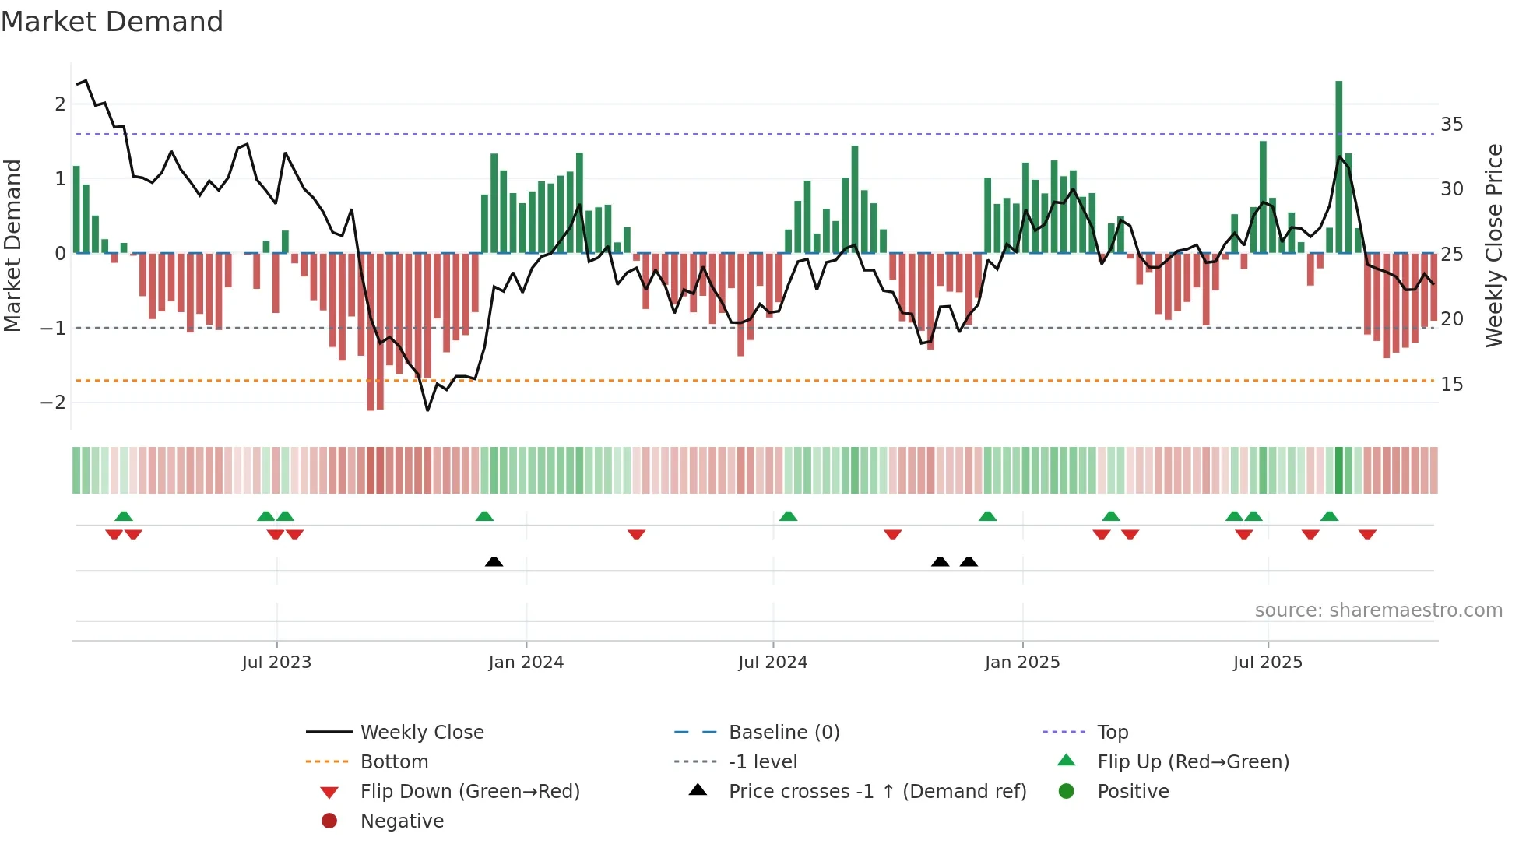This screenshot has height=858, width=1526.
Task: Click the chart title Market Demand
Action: pyautogui.click(x=112, y=22)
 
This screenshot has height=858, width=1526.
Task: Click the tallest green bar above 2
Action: pyautogui.click(x=1338, y=156)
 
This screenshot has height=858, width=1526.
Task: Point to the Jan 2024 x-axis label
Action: pyautogui.click(x=526, y=663)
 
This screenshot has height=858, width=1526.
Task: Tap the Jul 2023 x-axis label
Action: pyautogui.click(x=276, y=663)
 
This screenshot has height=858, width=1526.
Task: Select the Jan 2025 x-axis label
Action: pyautogui.click(x=1021, y=663)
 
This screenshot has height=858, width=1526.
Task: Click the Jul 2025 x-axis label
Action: pyautogui.click(x=1267, y=663)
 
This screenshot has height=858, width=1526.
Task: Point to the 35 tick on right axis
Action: pyautogui.click(x=1451, y=125)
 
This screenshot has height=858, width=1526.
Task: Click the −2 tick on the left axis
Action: pyautogui.click(x=54, y=403)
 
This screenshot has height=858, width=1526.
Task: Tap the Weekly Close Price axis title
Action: pyautogui.click(x=1493, y=245)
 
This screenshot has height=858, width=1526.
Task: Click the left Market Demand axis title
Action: pyautogui.click(x=12, y=245)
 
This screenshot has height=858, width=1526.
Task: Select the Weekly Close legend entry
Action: pyautogui.click(x=421, y=733)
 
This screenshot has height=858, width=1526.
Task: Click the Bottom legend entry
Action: pyautogui.click(x=394, y=762)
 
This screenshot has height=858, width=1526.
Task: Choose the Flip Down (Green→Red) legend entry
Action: pyautogui.click(x=469, y=792)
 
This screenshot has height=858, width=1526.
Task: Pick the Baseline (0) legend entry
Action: pyautogui.click(x=783, y=733)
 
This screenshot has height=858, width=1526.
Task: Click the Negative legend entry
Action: pyautogui.click(x=402, y=821)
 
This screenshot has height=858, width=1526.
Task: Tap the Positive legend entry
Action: pyautogui.click(x=1132, y=792)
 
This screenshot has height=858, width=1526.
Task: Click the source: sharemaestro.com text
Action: pyautogui.click(x=1378, y=610)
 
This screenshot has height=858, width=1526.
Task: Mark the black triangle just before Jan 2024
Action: pyautogui.click(x=494, y=561)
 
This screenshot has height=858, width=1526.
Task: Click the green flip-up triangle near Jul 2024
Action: pyautogui.click(x=788, y=516)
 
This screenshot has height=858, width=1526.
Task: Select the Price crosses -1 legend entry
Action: pyautogui.click(x=877, y=792)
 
